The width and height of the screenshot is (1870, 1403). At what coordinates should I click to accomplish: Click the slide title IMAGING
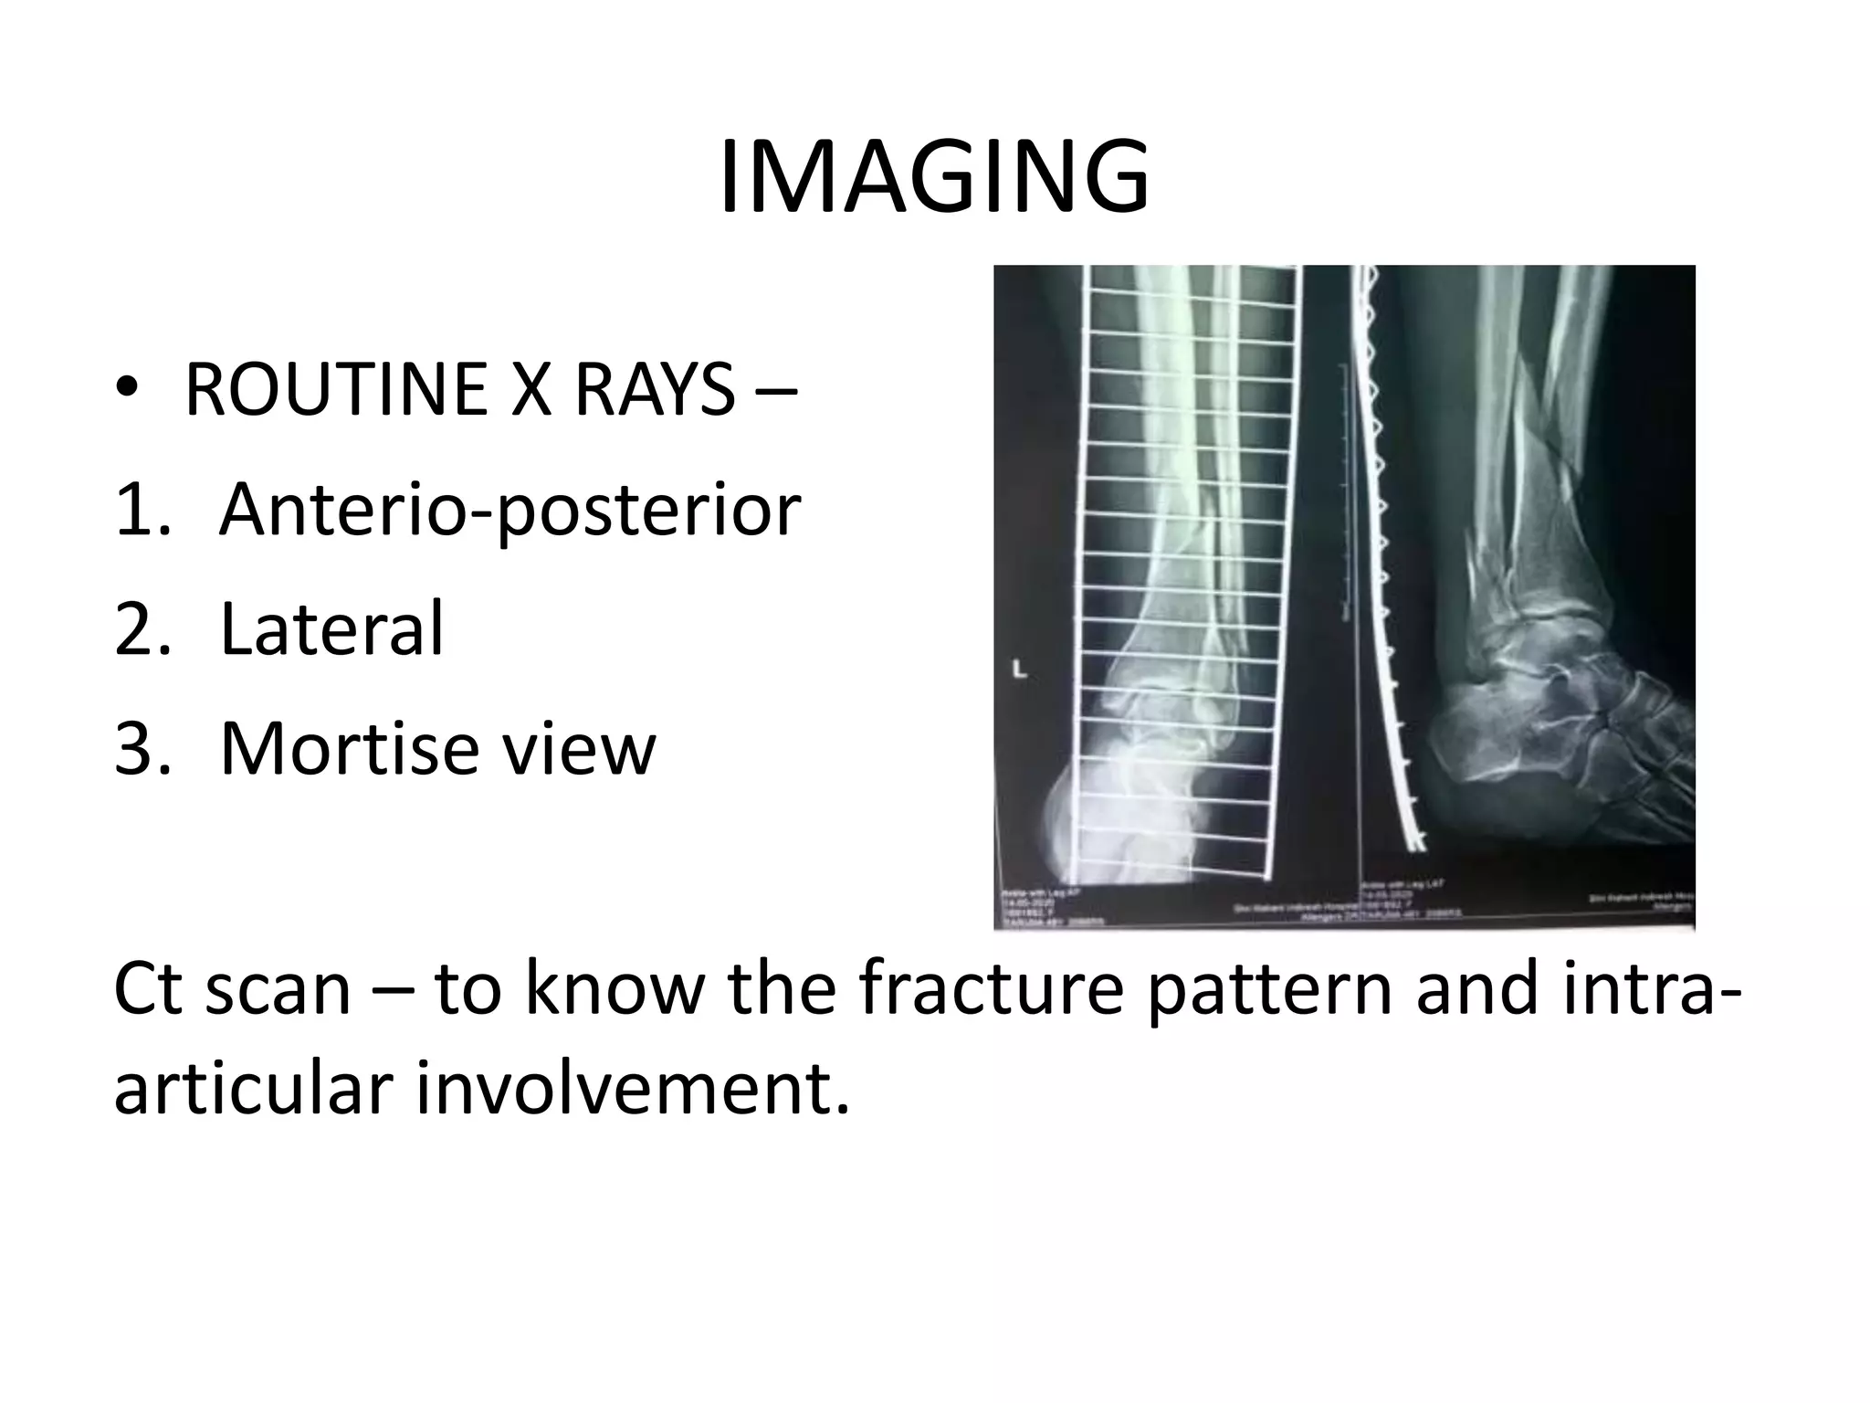(x=933, y=178)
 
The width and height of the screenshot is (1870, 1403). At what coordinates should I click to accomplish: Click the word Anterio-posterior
(x=510, y=510)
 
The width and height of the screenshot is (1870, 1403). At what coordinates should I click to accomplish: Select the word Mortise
(x=350, y=748)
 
